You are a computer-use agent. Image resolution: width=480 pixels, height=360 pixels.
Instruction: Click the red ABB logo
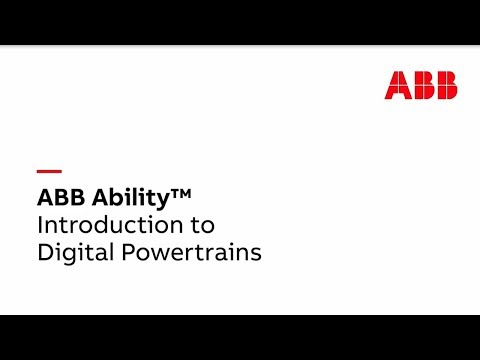click(x=421, y=85)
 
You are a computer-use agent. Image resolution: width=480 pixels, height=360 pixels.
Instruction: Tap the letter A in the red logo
click(x=397, y=85)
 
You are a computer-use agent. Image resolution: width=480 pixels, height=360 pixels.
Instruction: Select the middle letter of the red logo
click(x=421, y=85)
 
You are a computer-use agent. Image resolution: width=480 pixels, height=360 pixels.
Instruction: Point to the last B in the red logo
click(x=445, y=85)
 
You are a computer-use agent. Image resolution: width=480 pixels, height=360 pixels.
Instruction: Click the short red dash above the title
click(x=49, y=170)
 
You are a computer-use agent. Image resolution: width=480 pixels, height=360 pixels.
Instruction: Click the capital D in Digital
click(x=45, y=253)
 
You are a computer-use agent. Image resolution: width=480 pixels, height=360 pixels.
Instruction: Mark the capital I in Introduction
click(x=40, y=224)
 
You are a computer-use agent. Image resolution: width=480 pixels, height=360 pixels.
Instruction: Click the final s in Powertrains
click(x=256, y=254)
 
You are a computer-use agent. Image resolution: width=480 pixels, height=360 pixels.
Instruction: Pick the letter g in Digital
click(x=72, y=256)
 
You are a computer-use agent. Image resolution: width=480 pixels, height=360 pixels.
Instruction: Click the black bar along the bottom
click(x=240, y=337)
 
